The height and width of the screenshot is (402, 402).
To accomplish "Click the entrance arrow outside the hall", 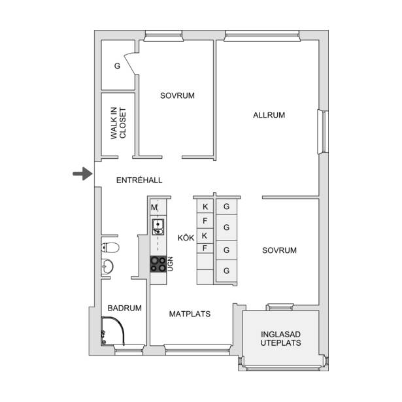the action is point(82,174).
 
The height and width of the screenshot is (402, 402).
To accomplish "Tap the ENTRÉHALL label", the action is point(139,180).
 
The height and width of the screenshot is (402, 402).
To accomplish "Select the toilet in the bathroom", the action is point(110,248).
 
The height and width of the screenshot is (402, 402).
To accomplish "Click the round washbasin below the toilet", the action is point(107,266).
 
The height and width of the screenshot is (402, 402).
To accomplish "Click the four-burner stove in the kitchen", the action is point(158,264).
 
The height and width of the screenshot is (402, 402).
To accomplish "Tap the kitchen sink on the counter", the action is point(158,227).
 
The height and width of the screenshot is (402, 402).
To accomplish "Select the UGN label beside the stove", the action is point(170,264).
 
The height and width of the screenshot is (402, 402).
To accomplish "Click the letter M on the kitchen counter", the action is point(154,207).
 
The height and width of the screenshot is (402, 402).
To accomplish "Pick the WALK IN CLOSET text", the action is point(118,123).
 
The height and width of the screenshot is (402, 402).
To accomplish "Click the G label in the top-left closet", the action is point(117,66).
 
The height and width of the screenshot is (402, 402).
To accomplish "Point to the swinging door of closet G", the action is point(130,63).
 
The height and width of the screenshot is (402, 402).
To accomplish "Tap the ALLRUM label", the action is point(269,115).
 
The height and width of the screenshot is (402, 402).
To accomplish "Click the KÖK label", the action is point(186,238).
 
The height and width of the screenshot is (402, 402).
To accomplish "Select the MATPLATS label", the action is point(190,314).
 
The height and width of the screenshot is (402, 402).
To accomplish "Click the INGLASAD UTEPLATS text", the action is point(280,339).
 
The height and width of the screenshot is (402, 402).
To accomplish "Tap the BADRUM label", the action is point(125,308).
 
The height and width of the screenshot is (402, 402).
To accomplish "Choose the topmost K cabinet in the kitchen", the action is point(205,207).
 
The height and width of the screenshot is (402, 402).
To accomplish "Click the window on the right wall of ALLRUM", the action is point(323,132).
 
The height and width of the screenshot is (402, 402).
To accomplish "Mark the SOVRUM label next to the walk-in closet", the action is point(177,95).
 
